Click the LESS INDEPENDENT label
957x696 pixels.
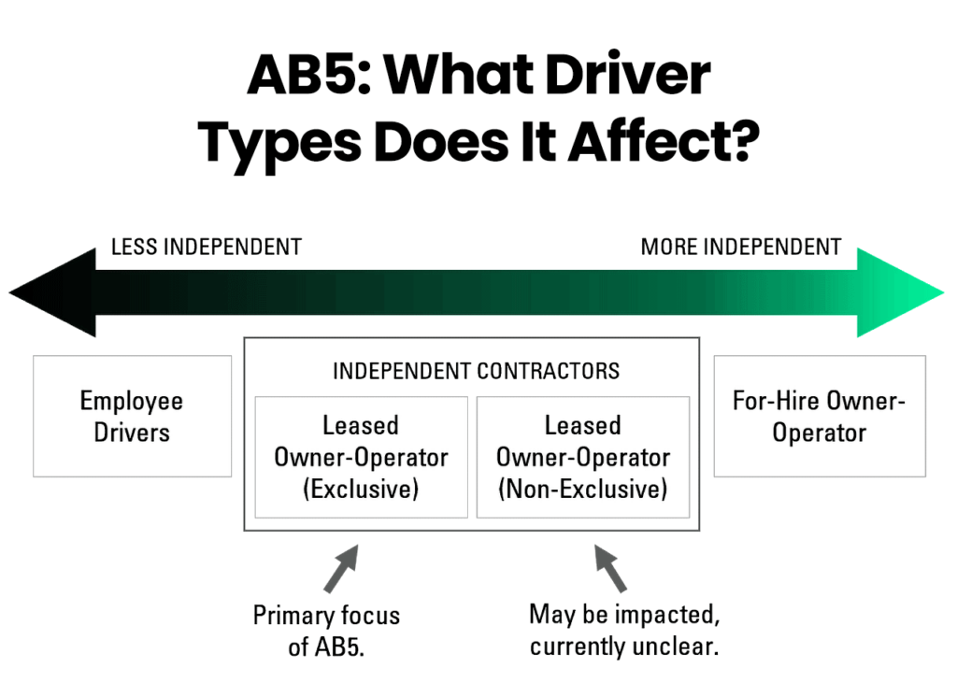206,248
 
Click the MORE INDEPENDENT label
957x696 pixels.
740,248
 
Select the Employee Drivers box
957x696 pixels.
132,417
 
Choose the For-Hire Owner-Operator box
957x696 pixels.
819,417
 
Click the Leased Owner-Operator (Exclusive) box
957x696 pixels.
361,457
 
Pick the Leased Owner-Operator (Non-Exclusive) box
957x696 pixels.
582,457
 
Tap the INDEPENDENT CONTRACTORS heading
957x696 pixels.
476,371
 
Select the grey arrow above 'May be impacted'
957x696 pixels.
609,570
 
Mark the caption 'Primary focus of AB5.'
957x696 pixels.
326,632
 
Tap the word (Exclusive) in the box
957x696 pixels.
361,489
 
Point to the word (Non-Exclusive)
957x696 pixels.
582,489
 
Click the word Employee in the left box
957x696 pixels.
132,401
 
